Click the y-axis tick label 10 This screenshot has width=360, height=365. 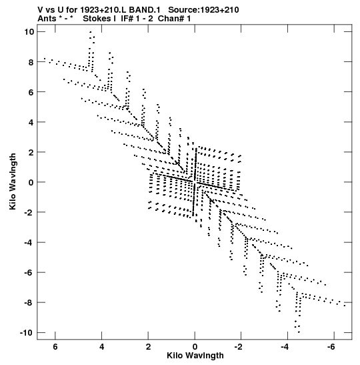click(29, 32)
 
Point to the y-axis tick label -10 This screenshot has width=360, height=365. click(27, 333)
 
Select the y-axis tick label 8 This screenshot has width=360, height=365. click(31, 62)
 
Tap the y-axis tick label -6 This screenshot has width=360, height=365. click(29, 273)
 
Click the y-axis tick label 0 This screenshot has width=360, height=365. click(31, 183)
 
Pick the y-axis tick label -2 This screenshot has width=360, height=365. click(29, 213)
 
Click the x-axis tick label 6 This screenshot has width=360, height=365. click(55, 347)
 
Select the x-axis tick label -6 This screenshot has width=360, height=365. click(331, 347)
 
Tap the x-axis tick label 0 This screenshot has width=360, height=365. click(195, 347)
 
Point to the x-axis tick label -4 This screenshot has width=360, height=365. click(285, 347)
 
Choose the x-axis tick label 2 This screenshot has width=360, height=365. click(148, 347)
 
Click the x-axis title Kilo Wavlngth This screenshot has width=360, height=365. click(195, 356)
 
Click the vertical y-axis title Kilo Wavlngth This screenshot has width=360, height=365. click(13, 181)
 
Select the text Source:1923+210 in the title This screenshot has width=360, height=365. click(203, 10)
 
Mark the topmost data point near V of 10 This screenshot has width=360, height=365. click(91, 32)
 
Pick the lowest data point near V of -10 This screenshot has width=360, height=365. click(299, 332)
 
